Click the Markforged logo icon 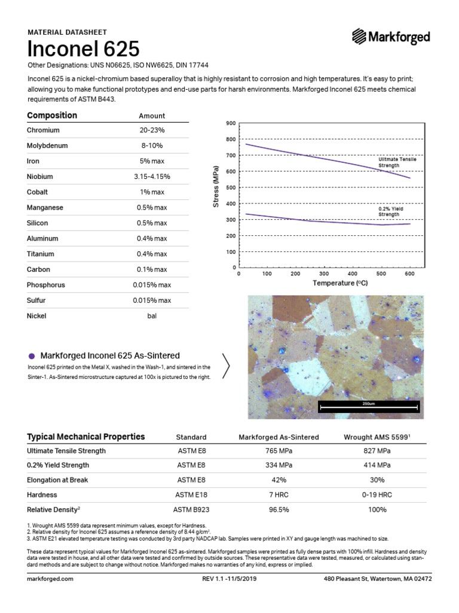coord(360,37)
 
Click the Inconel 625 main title coord(84,48)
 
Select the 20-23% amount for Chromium coord(152,130)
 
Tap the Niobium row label coord(40,177)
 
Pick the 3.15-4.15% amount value coord(152,177)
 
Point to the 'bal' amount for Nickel coord(152,316)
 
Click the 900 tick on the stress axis coord(231,123)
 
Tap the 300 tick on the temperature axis coord(323,274)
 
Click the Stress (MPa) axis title coord(216,188)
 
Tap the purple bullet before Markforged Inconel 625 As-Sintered coord(31,356)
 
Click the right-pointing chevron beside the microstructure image coord(227,365)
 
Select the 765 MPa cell coord(279,451)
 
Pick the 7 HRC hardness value coord(279,495)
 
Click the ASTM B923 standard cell coord(191,509)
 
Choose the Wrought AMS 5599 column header coord(375,437)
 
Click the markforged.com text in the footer coord(50,579)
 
